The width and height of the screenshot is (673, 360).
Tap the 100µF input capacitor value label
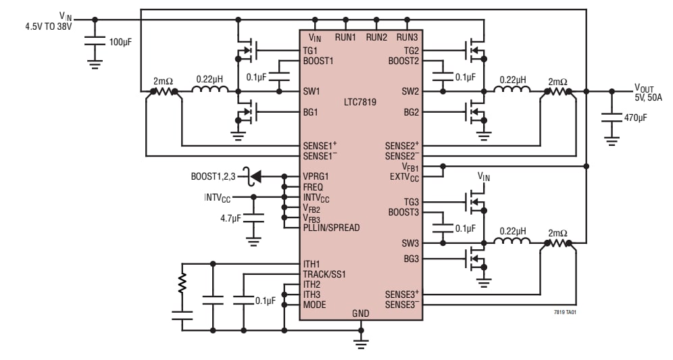click(122, 42)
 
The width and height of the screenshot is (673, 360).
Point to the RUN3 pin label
click(407, 37)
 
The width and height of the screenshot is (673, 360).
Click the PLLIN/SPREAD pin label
click(331, 228)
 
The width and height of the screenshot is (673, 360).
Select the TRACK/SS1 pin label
click(324, 274)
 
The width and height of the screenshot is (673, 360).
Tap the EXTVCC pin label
click(403, 177)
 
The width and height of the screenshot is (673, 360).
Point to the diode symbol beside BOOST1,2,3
click(255, 177)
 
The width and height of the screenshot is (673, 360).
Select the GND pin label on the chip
click(360, 313)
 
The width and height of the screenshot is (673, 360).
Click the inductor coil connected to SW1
click(211, 91)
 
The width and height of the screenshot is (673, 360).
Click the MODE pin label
click(314, 305)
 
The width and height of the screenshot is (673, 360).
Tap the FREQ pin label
click(313, 187)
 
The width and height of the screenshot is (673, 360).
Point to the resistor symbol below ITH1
click(181, 284)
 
